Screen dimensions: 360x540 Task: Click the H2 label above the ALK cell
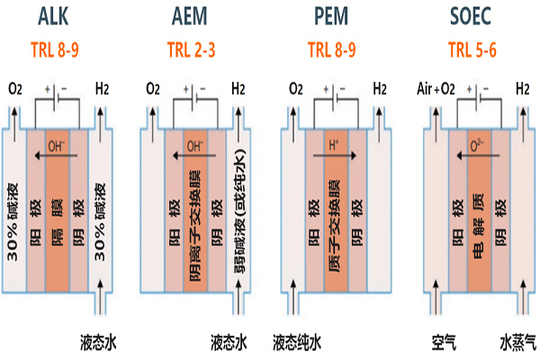click(x=102, y=90)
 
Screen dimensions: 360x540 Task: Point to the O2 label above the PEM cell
click(x=296, y=90)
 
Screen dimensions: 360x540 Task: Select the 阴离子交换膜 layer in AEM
click(x=193, y=220)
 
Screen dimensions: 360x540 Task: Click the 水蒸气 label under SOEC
click(x=517, y=342)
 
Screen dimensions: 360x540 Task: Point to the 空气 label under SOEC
click(x=439, y=342)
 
